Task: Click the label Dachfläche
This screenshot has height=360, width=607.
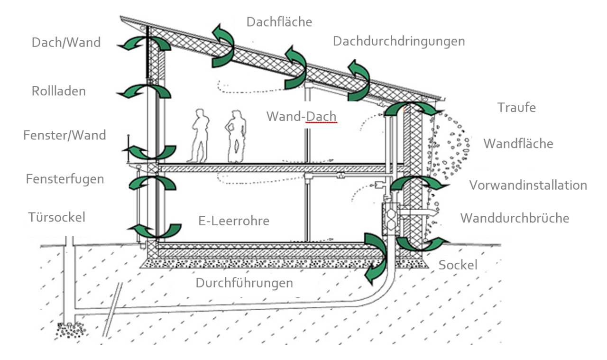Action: (279, 22)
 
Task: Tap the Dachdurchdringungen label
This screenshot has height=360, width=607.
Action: (399, 42)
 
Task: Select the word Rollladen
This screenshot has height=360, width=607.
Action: (59, 91)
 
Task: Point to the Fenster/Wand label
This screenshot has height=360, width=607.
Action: (64, 135)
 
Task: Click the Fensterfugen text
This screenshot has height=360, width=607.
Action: (65, 179)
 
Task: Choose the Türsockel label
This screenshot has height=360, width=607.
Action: (56, 217)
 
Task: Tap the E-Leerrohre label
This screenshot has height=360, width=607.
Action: (234, 221)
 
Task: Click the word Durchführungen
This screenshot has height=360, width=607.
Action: (244, 283)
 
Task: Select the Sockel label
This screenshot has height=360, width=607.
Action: (458, 265)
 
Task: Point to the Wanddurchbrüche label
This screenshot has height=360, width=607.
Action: (515, 218)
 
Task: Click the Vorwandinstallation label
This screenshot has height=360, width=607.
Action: (528, 185)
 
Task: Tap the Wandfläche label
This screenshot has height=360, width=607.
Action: (518, 144)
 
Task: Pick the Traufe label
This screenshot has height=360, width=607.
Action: (516, 108)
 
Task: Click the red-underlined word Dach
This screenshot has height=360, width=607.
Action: (321, 117)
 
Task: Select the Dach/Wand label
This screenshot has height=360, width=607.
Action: (66, 43)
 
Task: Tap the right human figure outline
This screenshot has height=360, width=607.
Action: (236, 136)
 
